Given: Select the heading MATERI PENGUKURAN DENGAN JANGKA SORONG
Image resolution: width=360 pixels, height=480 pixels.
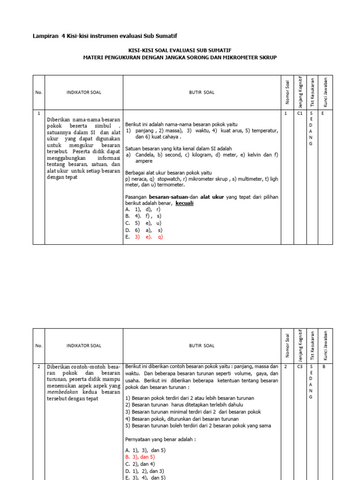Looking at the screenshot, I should tap(180, 57).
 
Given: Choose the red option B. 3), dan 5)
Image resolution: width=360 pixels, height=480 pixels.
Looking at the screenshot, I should tap(140, 457).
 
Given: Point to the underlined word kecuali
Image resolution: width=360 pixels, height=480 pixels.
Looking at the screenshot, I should tap(185, 203).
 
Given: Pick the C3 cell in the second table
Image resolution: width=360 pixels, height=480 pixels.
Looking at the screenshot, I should tap(300, 367).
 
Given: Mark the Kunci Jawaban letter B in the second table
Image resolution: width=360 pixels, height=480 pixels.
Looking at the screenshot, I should tap(323, 367).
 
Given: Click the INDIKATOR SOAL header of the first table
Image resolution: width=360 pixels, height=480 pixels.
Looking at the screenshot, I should tap(84, 92).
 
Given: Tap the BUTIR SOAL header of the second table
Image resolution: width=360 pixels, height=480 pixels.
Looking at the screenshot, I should tap(202, 345).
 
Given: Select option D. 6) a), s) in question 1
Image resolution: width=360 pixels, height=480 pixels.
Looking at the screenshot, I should tap(143, 230).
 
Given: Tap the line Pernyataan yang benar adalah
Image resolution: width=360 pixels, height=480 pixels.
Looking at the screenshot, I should tap(160, 439).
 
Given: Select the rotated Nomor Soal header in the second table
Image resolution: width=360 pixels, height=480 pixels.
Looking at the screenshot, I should tap(287, 345).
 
